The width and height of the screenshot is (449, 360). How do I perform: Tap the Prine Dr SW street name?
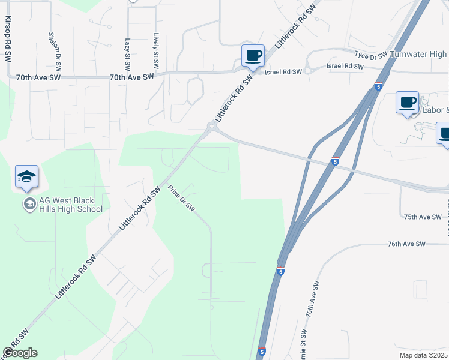pos(181,197)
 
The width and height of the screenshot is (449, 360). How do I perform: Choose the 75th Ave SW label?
pos(423,217)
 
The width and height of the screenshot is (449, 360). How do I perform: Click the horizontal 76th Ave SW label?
pos(406,244)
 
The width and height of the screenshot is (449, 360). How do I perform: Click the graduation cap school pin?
pos(26,176)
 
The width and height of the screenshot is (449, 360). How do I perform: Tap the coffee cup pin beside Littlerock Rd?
pos(253,56)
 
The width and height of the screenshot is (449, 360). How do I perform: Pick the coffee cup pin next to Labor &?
pos(407,102)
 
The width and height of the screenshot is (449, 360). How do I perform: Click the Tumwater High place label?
pos(419,55)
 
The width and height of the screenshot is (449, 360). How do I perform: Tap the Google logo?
pos(20,353)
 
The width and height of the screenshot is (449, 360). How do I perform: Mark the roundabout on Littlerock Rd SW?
pos(211,127)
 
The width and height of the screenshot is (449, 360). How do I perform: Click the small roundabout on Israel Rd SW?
pos(307,70)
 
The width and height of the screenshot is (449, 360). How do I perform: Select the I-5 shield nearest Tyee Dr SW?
pos(378,86)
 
